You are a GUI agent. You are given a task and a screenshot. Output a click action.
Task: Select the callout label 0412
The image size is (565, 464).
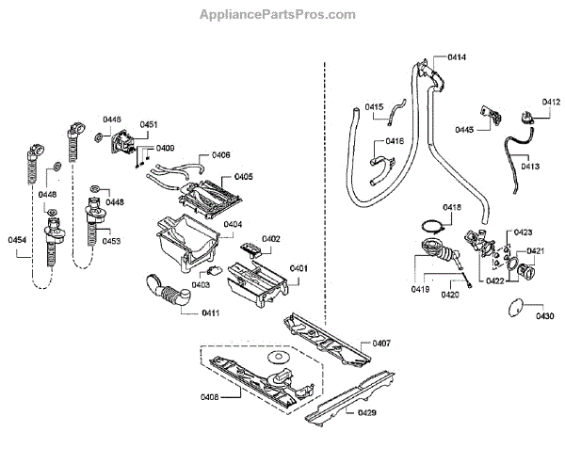click(x=551, y=102)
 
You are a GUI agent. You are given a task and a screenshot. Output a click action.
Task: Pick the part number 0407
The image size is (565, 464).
click(x=382, y=342)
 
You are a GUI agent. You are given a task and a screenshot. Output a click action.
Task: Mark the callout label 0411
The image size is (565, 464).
click(x=210, y=312)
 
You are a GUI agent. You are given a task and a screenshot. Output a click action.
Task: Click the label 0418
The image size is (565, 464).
click(x=452, y=207)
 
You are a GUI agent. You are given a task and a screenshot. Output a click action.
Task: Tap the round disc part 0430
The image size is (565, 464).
click(x=513, y=306)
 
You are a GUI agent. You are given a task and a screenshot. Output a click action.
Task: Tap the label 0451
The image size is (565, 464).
click(x=149, y=124)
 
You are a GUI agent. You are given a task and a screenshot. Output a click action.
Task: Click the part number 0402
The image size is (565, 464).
click(x=271, y=239)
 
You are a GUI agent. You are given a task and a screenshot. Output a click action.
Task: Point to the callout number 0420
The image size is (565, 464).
click(x=451, y=296)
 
